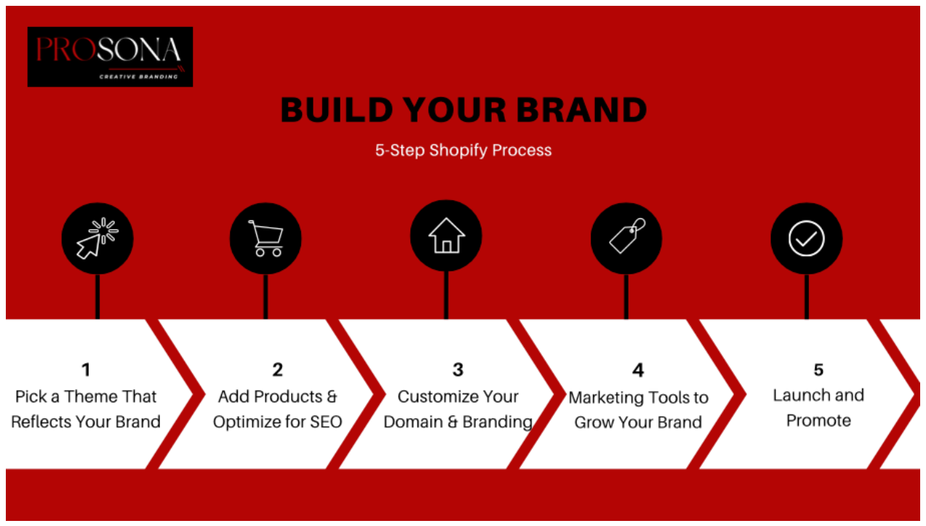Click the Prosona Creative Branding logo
(x=110, y=57)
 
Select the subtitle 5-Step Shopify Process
(x=463, y=151)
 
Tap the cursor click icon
(x=97, y=239)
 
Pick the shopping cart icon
(x=266, y=239)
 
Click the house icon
(x=446, y=236)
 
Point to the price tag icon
(x=626, y=236)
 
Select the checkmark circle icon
(x=807, y=239)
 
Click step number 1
(x=86, y=370)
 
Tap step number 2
(x=277, y=370)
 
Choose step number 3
(x=458, y=370)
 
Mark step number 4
(x=638, y=370)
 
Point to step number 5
(x=818, y=370)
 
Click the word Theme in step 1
(x=90, y=397)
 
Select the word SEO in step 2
(x=324, y=422)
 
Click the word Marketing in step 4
(x=603, y=398)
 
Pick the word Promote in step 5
(x=818, y=421)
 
